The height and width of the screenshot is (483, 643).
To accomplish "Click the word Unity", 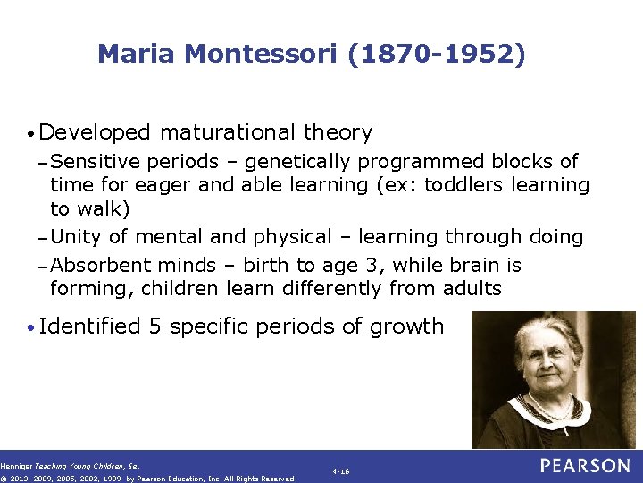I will (75, 237).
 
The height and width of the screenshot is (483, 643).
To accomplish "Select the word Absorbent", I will (100, 266).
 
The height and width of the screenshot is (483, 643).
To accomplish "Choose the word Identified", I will (90, 326).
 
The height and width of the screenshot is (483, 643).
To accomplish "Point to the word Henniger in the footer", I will (15, 466).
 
